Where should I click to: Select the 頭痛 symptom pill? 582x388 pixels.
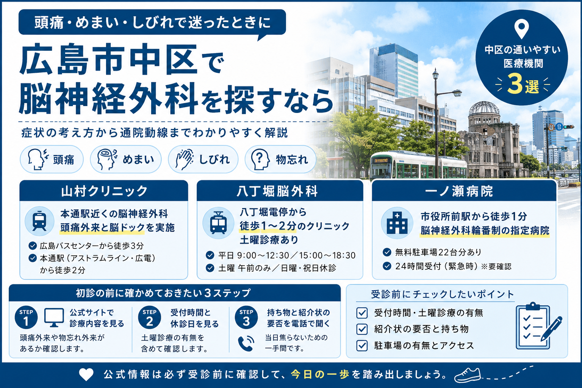(52, 159)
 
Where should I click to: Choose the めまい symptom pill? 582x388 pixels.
(126, 159)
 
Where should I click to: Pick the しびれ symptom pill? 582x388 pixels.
(203, 159)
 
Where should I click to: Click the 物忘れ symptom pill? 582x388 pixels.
(280, 159)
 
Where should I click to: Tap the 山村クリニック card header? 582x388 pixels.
(104, 191)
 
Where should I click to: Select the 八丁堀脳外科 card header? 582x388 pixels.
(280, 191)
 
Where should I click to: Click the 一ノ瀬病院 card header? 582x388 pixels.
(464, 191)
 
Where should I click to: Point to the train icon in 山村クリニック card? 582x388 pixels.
(39, 221)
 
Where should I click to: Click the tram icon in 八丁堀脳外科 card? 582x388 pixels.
(218, 223)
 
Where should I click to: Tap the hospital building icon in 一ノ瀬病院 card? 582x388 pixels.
(397, 223)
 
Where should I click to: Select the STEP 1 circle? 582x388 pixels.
(26, 317)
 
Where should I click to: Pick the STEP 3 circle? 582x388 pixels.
(246, 317)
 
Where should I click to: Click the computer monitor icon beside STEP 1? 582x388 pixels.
(54, 318)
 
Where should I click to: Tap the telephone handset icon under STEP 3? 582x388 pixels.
(246, 343)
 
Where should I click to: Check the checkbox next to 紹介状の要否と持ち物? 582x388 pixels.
(362, 329)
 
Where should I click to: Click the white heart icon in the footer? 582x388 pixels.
(86, 375)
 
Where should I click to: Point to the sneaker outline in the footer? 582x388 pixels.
(468, 375)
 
